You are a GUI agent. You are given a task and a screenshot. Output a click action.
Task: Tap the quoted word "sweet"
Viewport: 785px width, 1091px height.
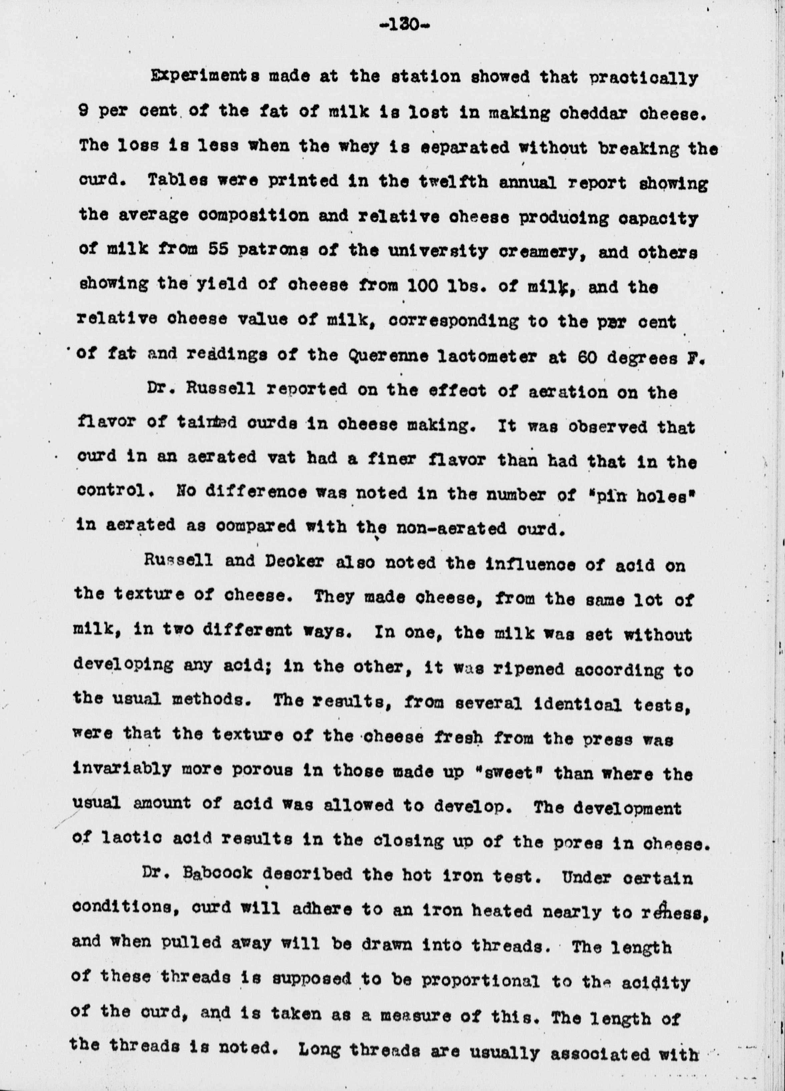514,774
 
